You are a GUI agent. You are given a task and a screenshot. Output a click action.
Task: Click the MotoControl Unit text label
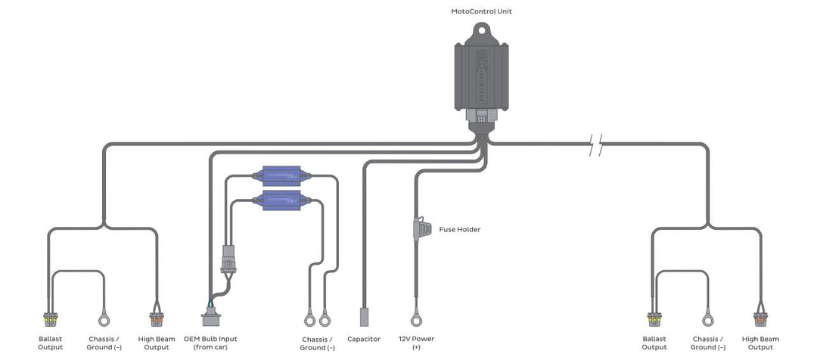[486, 11]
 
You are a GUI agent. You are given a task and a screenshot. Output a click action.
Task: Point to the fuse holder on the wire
[416, 228]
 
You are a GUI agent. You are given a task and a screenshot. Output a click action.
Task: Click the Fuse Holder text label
[459, 229]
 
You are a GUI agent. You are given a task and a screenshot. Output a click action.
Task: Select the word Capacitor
[363, 339]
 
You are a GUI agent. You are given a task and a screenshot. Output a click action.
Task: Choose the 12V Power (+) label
[415, 343]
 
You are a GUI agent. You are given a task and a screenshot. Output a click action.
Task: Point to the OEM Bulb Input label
[210, 343]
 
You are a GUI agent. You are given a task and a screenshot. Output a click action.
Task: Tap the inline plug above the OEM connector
[227, 259]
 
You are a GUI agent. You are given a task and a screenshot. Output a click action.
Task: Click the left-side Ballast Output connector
[51, 319]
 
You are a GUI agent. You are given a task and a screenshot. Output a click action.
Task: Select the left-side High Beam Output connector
[157, 319]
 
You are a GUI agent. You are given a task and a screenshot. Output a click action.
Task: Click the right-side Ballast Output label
[654, 343]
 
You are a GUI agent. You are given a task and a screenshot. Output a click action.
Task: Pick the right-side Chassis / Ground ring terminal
[708, 319]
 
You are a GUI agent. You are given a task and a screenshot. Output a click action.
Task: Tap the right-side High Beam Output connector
[760, 319]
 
